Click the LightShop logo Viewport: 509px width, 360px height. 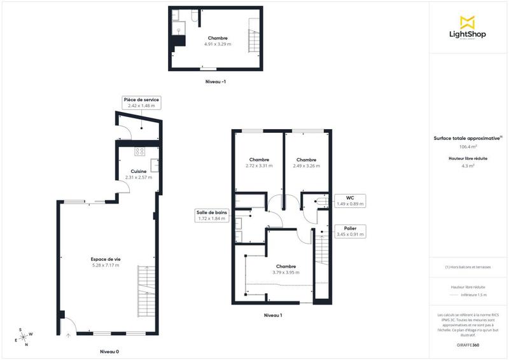468,28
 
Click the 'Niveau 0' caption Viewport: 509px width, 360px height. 109,352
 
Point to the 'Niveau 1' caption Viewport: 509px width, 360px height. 272,315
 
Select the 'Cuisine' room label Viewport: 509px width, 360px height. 139,171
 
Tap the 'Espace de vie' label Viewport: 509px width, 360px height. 105,259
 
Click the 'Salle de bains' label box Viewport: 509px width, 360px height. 211,215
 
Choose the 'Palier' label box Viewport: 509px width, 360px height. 350,231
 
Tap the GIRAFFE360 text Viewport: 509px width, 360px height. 468,343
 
